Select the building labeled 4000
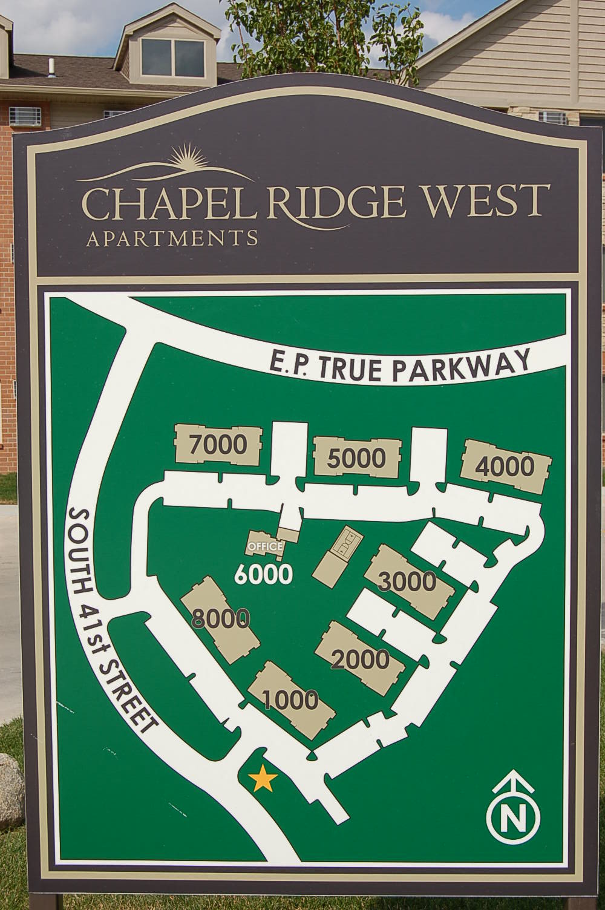pos(506,466)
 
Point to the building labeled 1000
pos(292,699)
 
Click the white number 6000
pos(264,574)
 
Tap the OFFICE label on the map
pos(264,546)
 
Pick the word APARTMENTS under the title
pos(172,237)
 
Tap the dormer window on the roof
pos(164,49)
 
